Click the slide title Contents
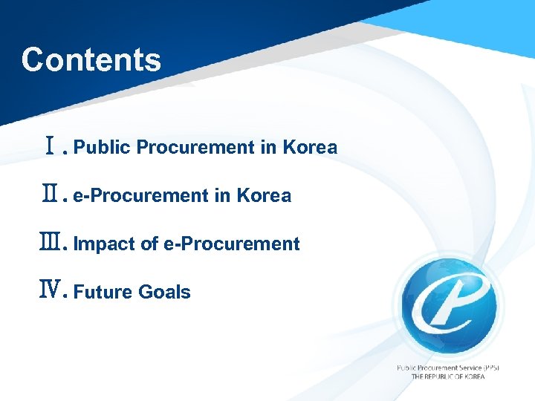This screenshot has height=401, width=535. pyautogui.click(x=91, y=60)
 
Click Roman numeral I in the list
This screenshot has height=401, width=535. pyautogui.click(x=51, y=148)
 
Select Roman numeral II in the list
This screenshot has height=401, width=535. pyautogui.click(x=51, y=196)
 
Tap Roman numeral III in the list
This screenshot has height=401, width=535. pyautogui.click(x=51, y=244)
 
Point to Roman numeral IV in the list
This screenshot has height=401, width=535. pyautogui.click(x=51, y=292)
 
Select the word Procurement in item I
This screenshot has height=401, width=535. pyautogui.click(x=196, y=148)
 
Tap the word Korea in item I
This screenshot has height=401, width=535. pyautogui.click(x=310, y=148)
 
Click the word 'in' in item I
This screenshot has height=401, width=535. pyautogui.click(x=268, y=148)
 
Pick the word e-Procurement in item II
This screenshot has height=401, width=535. pyautogui.click(x=140, y=196)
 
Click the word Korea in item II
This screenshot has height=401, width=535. pyautogui.click(x=264, y=196)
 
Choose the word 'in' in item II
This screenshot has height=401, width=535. pyautogui.click(x=222, y=196)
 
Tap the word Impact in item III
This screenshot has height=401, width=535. pyautogui.click(x=105, y=244)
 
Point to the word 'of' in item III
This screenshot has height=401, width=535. pyautogui.click(x=149, y=244)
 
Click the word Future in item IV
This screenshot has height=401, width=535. pyautogui.click(x=103, y=293)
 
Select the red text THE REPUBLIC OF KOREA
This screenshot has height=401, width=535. pyautogui.click(x=448, y=376)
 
